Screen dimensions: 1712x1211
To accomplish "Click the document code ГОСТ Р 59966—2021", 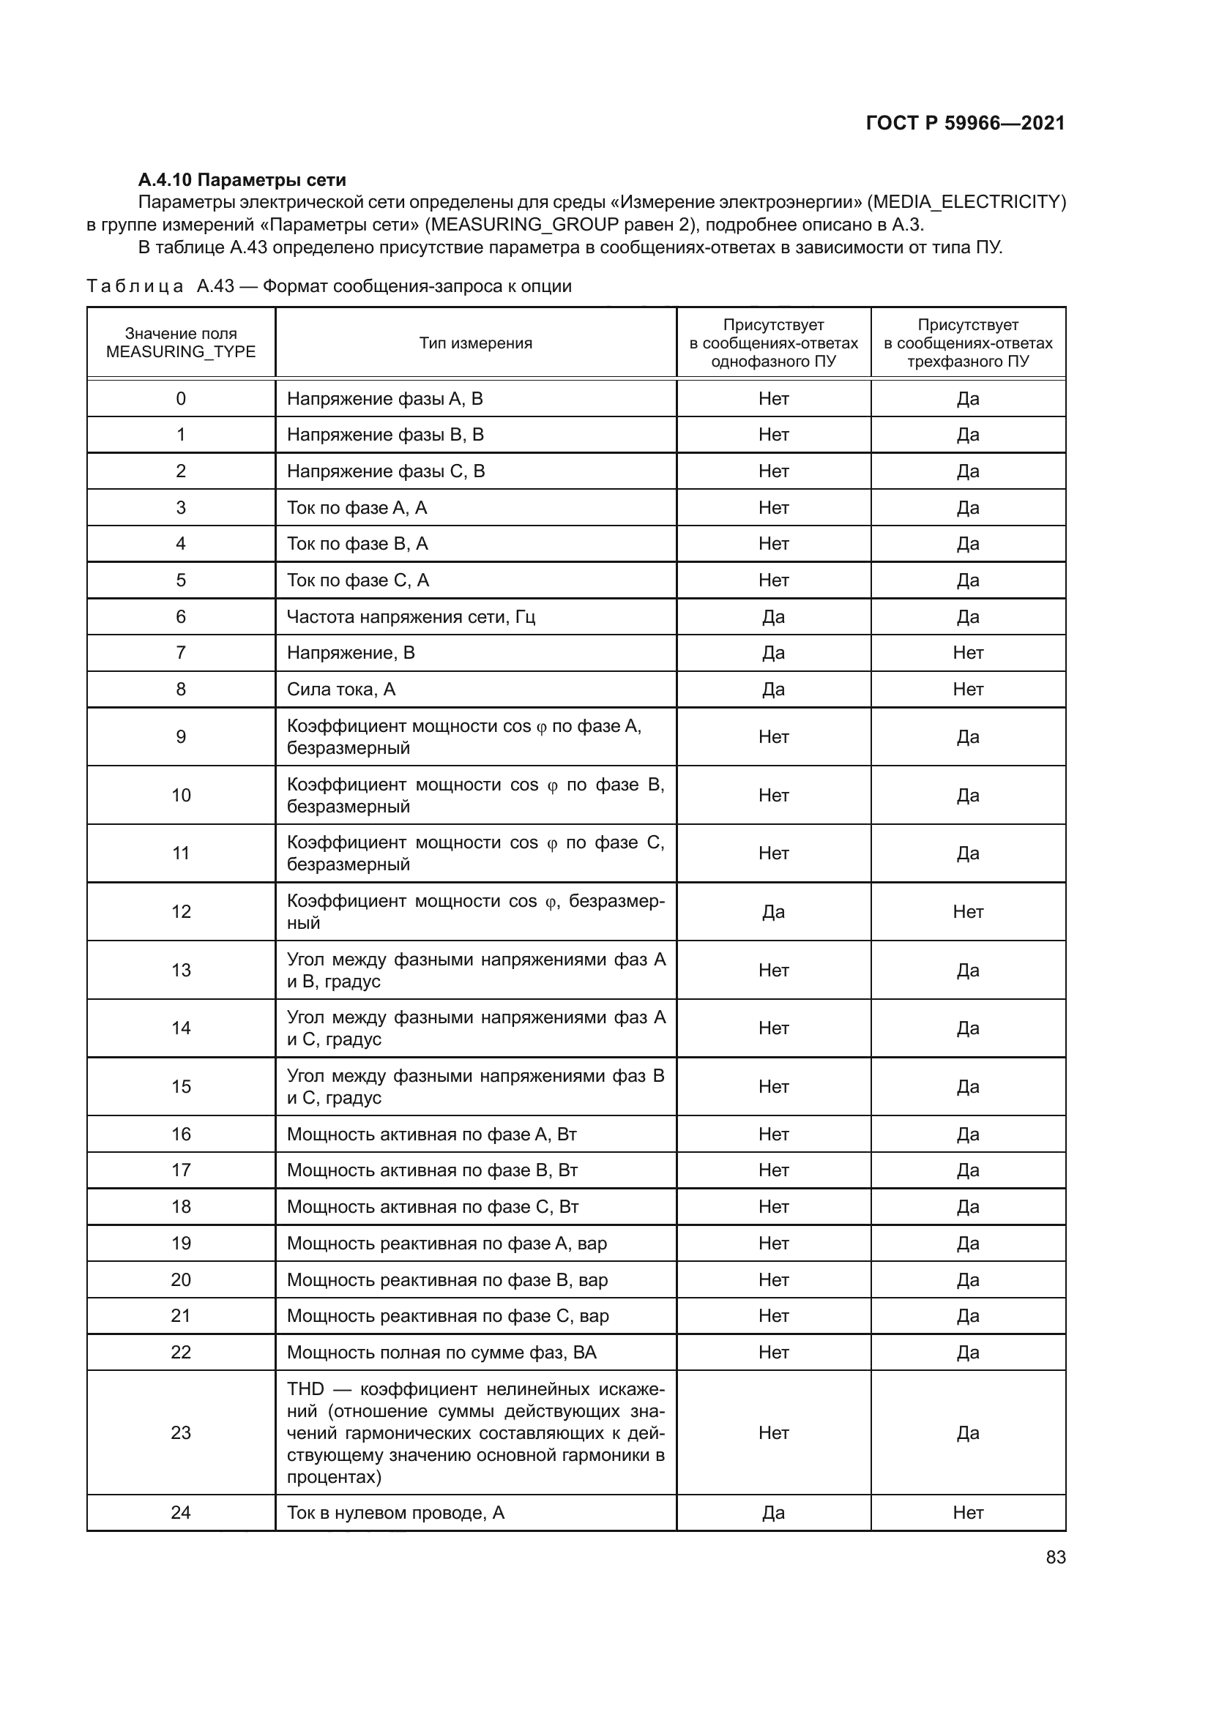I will [x=965, y=123].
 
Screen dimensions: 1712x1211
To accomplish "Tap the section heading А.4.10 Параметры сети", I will [x=242, y=180].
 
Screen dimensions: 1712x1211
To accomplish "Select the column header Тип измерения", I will [x=475, y=343].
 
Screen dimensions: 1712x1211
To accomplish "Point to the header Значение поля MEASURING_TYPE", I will [x=180, y=343].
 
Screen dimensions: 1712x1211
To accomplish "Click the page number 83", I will [x=1055, y=1557].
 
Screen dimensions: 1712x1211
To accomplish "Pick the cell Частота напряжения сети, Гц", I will [x=411, y=616].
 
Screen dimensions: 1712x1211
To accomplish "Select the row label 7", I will [x=180, y=652].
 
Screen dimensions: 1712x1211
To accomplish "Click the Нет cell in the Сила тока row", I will [x=967, y=689].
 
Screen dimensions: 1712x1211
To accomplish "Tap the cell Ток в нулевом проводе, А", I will [x=395, y=1512].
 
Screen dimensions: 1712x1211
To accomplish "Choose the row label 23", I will [x=180, y=1432].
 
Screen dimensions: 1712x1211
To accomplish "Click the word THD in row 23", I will [x=306, y=1389].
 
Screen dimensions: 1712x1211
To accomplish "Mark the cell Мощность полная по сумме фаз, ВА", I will [x=441, y=1352].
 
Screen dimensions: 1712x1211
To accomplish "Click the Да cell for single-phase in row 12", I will [x=773, y=911].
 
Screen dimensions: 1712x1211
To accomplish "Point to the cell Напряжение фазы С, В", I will [x=386, y=471].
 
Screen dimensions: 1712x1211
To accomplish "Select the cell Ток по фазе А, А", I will [x=357, y=508].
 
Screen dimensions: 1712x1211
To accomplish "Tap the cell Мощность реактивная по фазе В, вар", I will [x=447, y=1279].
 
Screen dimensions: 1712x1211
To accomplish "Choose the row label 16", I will [x=180, y=1134].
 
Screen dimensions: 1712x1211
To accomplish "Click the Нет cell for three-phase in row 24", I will [x=967, y=1512].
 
